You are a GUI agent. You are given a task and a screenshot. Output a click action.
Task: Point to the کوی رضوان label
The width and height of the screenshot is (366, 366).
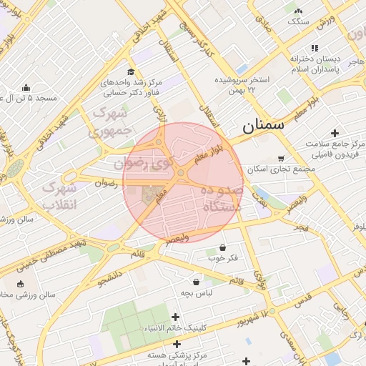[149, 163]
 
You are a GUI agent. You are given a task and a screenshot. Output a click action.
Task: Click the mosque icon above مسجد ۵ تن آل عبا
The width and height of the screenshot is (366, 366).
[26, 88]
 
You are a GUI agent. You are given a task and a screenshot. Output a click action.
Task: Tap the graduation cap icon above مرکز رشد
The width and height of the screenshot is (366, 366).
[130, 71]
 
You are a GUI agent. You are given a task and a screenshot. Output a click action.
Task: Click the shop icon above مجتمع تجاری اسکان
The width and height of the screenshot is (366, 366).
[280, 159]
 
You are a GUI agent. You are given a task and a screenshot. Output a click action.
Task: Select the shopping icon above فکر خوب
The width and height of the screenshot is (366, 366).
[222, 247]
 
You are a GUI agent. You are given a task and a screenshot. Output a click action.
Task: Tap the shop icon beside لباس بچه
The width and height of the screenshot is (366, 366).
[196, 282]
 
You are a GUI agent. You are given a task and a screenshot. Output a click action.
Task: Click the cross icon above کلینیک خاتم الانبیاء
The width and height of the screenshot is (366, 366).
[175, 317]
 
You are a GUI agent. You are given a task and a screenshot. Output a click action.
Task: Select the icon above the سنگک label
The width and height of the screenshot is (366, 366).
[298, 10]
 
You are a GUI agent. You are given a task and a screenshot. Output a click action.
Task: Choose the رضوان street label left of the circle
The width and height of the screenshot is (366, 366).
[106, 183]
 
